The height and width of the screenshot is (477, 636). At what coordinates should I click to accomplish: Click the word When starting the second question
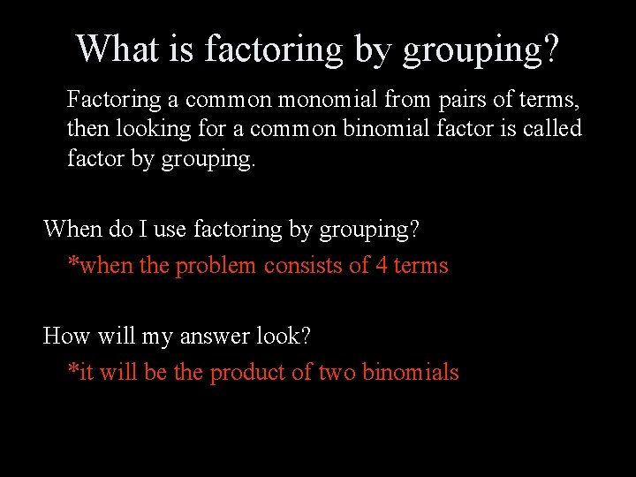pos(73,230)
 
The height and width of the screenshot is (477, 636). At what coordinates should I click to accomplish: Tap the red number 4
pos(381,266)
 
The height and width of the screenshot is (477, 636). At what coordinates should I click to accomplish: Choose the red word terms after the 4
pos(421,266)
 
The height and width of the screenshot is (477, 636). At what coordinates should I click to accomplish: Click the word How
pos(64,337)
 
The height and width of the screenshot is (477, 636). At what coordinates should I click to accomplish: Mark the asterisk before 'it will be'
pos(73,369)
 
